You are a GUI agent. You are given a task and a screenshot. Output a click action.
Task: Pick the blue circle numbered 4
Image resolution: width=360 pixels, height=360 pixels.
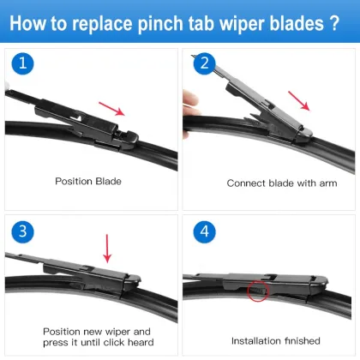(203, 233)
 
